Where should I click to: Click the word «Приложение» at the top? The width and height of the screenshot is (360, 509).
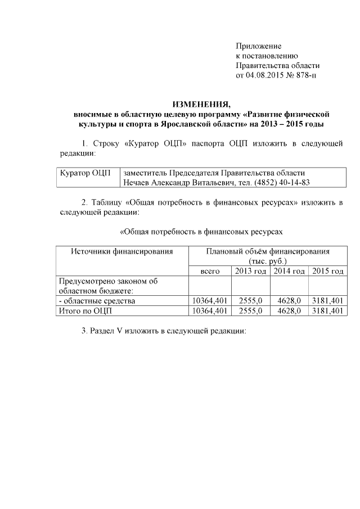point(258,46)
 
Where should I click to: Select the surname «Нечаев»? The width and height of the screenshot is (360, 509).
point(137,183)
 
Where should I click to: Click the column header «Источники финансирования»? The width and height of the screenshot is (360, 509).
point(121,251)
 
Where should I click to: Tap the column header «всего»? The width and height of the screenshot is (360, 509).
point(210,272)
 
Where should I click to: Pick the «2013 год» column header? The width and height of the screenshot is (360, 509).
point(250,272)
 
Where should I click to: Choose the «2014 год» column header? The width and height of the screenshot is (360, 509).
point(289,272)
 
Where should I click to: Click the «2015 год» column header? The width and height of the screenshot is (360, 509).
point(327,272)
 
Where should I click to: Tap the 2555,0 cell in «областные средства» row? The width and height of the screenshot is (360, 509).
point(251,301)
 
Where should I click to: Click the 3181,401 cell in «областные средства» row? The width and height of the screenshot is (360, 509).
point(327,301)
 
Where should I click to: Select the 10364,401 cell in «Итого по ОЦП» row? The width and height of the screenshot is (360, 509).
point(210,310)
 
